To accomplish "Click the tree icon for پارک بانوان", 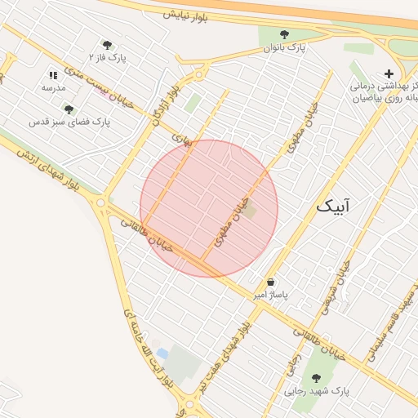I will pos(284,34).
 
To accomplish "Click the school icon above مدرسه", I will pos(54,74).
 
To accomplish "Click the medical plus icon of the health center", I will pos(389,73).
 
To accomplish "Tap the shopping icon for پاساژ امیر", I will pos(270,282).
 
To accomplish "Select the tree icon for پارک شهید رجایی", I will pos(317,378).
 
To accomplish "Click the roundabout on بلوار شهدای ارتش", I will pos(100,202).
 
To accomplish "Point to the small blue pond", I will pos(162,354).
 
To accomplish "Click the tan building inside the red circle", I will pos(250,212).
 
